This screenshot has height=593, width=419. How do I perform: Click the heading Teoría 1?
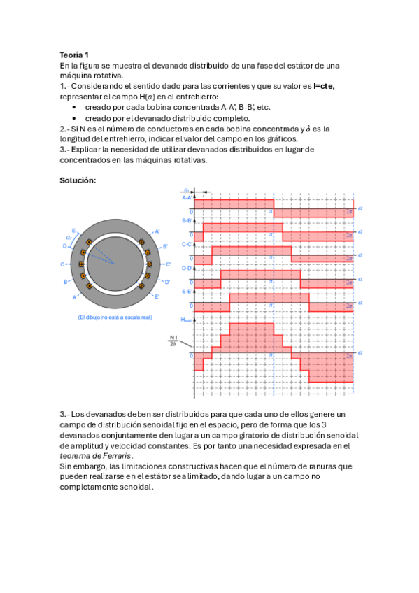[74, 54]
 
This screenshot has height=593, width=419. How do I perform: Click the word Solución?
[78, 180]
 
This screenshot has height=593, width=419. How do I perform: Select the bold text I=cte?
[323, 86]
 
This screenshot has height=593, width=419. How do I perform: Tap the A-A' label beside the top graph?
[187, 198]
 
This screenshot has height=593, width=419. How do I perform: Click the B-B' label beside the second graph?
[187, 222]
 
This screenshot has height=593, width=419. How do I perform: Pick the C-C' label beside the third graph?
[187, 244]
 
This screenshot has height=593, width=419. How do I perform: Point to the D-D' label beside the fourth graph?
[187, 267]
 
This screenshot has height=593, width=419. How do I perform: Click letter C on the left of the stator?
[63, 264]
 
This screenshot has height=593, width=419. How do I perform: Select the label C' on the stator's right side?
[167, 264]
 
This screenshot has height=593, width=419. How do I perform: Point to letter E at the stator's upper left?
[73, 230]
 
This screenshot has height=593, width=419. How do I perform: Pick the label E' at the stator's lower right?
[157, 296]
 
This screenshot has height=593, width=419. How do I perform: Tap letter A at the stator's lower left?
[75, 297]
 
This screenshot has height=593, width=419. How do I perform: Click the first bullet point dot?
[75, 107]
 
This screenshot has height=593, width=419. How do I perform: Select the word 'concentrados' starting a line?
[85, 159]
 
